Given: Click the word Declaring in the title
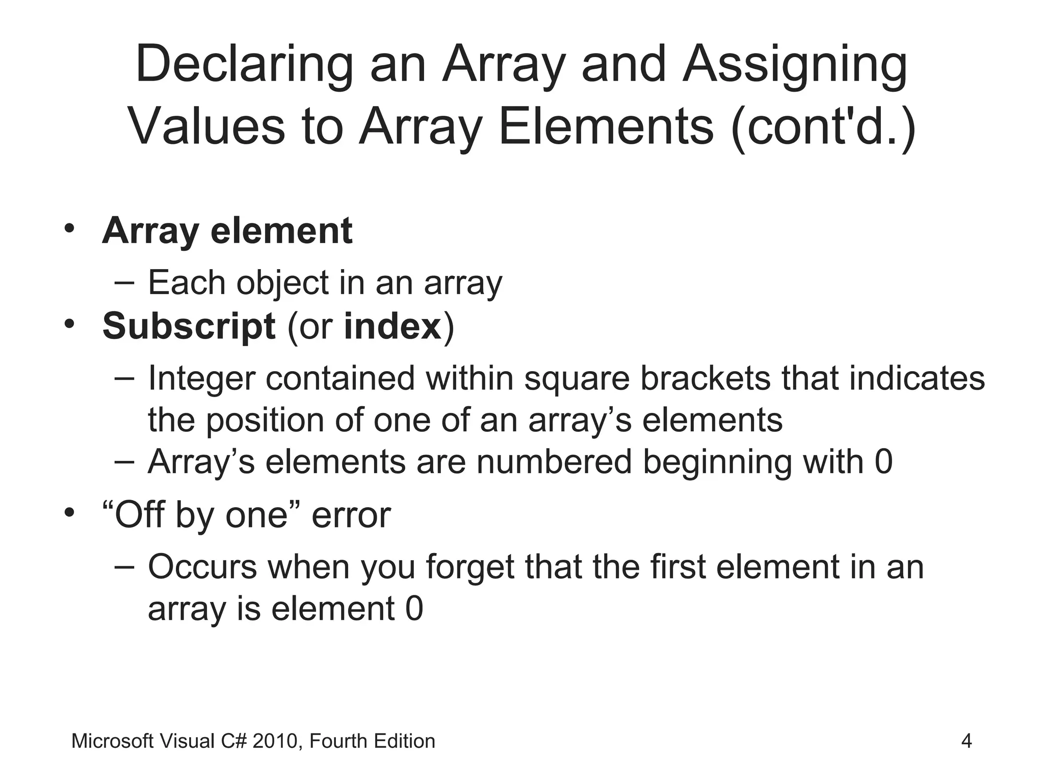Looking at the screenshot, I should pyautogui.click(x=244, y=65).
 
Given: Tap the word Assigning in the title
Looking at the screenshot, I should pyautogui.click(x=795, y=65).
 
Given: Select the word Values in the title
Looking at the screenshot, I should pyautogui.click(x=206, y=127).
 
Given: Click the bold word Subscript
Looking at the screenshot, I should pyautogui.click(x=189, y=326).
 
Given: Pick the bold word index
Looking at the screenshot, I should pyautogui.click(x=393, y=326).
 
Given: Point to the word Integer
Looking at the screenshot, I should pyautogui.click(x=201, y=379).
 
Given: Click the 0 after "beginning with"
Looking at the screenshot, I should pyautogui.click(x=883, y=462).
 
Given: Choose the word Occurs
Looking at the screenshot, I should pyautogui.click(x=202, y=567).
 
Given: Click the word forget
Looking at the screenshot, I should pyautogui.click(x=469, y=568).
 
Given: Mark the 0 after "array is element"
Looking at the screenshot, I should pyautogui.click(x=414, y=609).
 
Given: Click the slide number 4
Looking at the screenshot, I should pyautogui.click(x=966, y=741).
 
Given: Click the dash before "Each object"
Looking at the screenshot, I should pyautogui.click(x=125, y=282).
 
